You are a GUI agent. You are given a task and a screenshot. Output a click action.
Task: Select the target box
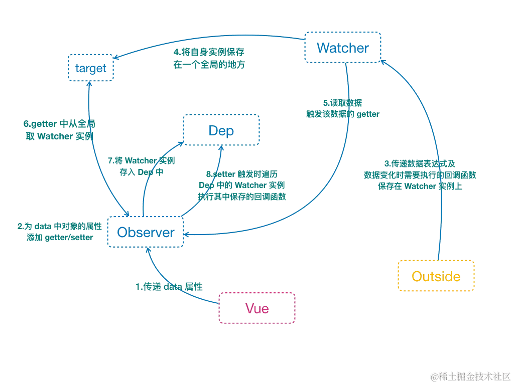click(91, 68)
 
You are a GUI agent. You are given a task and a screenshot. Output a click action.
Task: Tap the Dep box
click(221, 130)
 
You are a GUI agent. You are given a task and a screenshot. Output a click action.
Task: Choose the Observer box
click(146, 233)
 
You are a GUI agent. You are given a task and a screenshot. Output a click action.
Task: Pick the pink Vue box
click(257, 308)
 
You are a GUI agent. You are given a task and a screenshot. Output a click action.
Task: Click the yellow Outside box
click(436, 276)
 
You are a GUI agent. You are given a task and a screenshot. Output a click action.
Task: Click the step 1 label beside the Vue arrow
click(169, 287)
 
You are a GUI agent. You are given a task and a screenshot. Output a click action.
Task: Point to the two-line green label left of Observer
click(59, 232)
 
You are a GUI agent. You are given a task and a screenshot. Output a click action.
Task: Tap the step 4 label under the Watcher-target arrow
click(209, 59)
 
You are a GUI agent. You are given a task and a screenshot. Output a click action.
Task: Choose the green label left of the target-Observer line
click(59, 129)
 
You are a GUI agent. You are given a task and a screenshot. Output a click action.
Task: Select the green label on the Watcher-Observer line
click(342, 109)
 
